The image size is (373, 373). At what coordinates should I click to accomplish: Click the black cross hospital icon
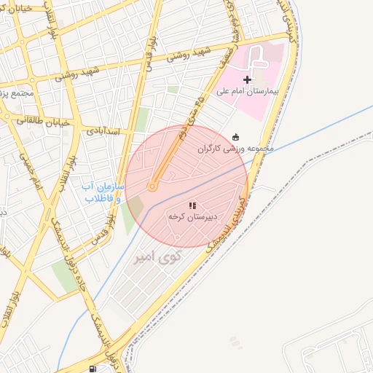[x=248, y=79]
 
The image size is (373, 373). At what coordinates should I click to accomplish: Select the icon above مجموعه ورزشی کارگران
[x=235, y=136]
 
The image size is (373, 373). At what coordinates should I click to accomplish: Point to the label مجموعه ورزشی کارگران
[x=235, y=149]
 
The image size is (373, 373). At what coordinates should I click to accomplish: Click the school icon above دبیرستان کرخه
[x=192, y=206]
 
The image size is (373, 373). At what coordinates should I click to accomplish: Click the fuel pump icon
[x=92, y=369]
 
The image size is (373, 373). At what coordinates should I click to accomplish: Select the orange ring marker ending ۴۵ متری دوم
[x=152, y=187]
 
